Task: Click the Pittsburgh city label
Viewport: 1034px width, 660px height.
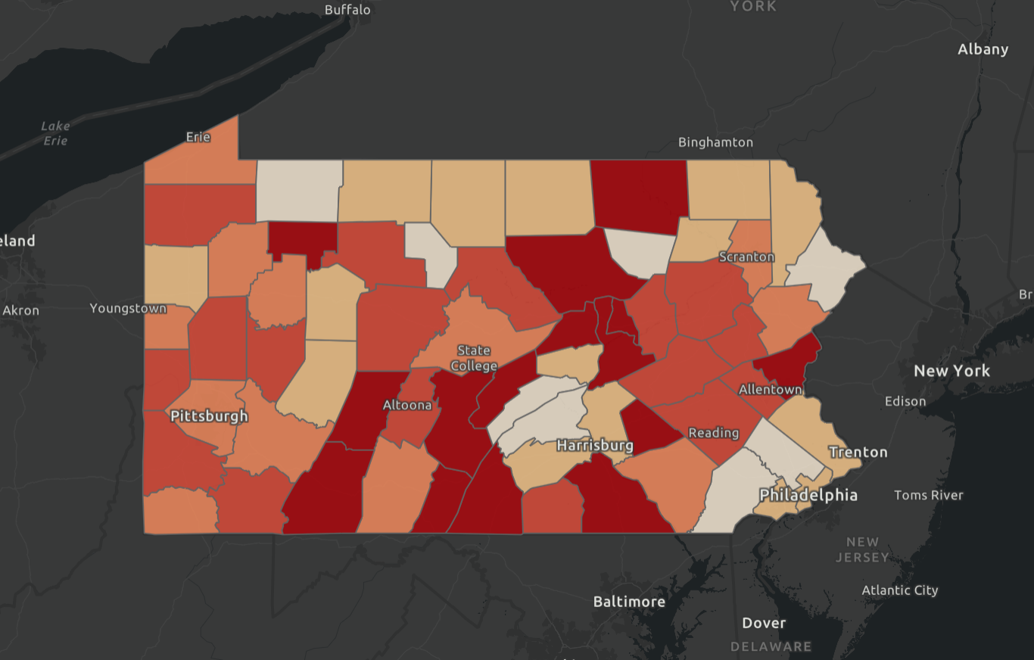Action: [209, 416]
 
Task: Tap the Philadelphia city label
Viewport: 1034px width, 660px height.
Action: [808, 495]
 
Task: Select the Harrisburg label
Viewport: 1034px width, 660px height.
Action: [595, 445]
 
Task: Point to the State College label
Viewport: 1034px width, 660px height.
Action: [474, 358]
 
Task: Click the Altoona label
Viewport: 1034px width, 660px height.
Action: [407, 405]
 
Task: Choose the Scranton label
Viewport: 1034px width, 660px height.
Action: [747, 257]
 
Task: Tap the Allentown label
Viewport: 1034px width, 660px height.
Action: [771, 390]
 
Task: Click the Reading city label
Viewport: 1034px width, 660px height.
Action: [714, 433]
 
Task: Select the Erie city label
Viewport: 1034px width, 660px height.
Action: [198, 137]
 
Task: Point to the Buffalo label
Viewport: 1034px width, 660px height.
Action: [347, 10]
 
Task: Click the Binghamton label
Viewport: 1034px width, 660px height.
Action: [716, 142]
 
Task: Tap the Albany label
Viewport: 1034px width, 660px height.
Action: [983, 49]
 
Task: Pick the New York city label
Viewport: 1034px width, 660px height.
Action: [952, 371]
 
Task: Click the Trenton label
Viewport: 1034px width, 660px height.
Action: [858, 452]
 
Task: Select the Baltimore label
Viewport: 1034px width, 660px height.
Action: [629, 602]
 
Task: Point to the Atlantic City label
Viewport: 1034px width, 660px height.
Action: [900, 590]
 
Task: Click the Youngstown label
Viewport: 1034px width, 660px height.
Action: [128, 308]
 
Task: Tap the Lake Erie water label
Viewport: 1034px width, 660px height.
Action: [55, 133]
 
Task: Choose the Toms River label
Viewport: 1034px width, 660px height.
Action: [929, 495]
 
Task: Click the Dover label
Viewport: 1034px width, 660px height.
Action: [764, 623]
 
